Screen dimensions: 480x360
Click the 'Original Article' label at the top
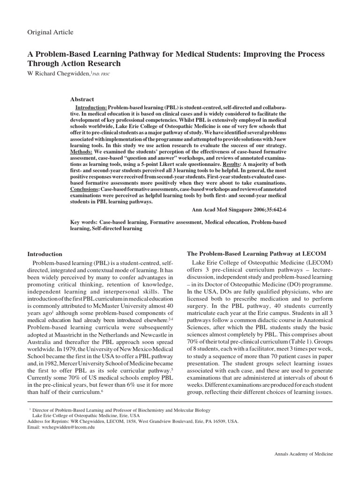[x=51, y=32]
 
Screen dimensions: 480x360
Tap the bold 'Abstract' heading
[x=82, y=99]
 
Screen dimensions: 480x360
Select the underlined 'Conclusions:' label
[x=88, y=189]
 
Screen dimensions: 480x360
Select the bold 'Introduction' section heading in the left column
[x=45, y=254]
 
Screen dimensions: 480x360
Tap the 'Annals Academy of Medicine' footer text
[x=303, y=455]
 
